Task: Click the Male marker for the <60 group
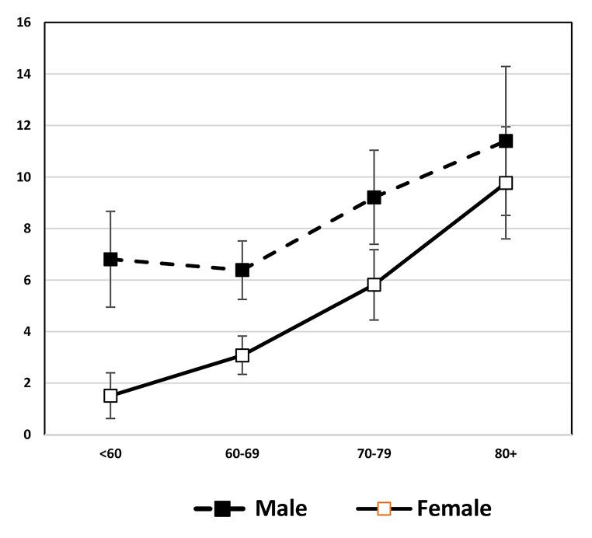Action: [110, 259]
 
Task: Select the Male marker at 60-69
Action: [242, 270]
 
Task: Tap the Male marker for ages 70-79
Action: [374, 197]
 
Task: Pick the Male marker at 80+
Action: [506, 141]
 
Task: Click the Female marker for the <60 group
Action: [110, 395]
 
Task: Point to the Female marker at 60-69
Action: [242, 355]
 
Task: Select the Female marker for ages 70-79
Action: [374, 285]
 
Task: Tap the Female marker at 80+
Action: [506, 183]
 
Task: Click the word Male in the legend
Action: [280, 508]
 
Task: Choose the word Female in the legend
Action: [454, 508]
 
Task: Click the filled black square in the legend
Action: [222, 508]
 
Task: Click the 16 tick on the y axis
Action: [25, 23]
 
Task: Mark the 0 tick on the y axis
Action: [27, 435]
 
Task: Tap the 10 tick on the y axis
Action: [25, 177]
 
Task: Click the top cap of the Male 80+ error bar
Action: [506, 67]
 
